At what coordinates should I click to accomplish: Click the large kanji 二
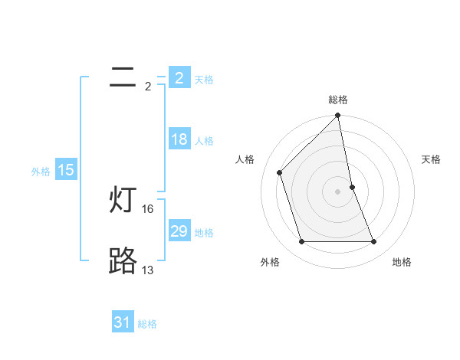[x=122, y=77]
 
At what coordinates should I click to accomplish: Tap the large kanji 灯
[x=123, y=201]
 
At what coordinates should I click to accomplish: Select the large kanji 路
[x=123, y=262]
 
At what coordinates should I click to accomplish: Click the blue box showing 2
[x=179, y=77]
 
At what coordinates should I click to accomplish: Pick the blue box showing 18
[x=179, y=139]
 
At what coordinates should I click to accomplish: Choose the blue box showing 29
[x=179, y=231]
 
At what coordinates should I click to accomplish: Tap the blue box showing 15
[x=66, y=170]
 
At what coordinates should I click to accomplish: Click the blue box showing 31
[x=122, y=322]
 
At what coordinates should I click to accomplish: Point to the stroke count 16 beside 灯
[x=148, y=208]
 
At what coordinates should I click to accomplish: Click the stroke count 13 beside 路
[x=148, y=270]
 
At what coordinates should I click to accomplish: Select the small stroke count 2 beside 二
[x=148, y=86]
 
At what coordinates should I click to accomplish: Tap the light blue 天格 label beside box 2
[x=204, y=79]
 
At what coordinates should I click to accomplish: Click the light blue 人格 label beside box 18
[x=204, y=141]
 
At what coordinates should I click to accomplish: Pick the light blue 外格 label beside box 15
[x=41, y=172]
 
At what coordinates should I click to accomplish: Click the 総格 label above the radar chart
[x=338, y=100]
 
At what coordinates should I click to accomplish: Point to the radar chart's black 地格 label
[x=402, y=262]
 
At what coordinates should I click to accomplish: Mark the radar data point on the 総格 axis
[x=338, y=116]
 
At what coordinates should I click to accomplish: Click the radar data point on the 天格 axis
[x=352, y=187]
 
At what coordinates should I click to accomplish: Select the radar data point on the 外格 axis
[x=301, y=242]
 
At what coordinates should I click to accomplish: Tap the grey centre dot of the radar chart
[x=338, y=191]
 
